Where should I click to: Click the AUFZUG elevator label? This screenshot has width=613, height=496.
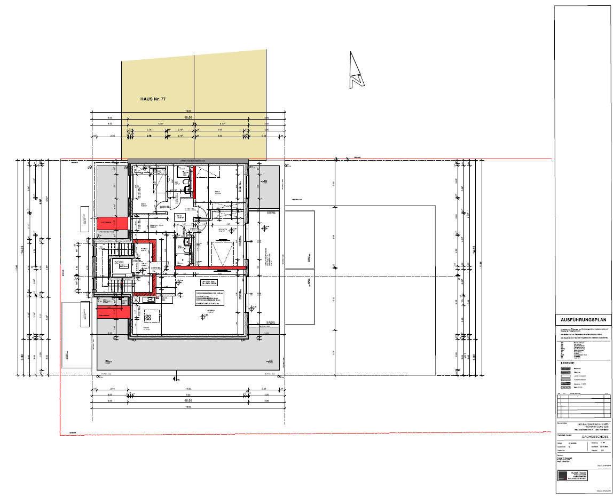[121, 262]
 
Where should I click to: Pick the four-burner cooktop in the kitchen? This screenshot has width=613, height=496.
[133, 317]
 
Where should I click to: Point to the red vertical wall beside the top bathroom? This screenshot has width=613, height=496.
[194, 182]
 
